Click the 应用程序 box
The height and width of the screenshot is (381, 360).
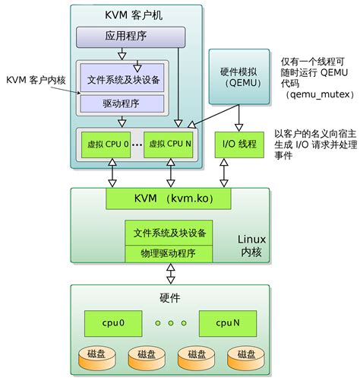[130, 36]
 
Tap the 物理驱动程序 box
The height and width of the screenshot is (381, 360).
[168, 252]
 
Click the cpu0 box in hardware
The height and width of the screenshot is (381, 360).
[112, 322]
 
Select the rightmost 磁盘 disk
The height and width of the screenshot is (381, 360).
[244, 354]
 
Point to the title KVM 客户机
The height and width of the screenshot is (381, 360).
[136, 14]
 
